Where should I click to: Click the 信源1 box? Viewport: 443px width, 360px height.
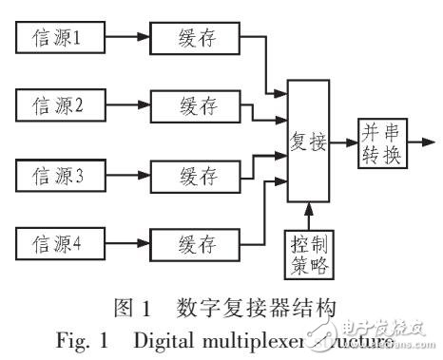click(x=63, y=39)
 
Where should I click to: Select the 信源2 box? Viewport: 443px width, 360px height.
click(x=63, y=105)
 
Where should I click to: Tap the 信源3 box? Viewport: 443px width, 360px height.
click(x=63, y=175)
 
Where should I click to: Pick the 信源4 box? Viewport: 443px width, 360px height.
click(x=63, y=241)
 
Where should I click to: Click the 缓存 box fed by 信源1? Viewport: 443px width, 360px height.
click(x=197, y=39)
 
